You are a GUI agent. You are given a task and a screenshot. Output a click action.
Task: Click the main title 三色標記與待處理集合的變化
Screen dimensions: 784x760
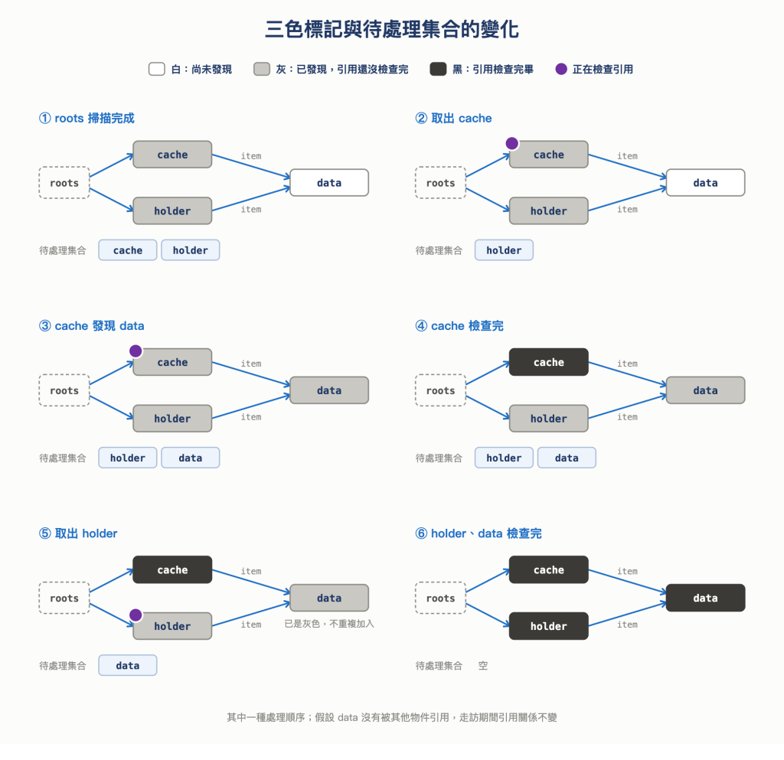pyautogui.click(x=391, y=29)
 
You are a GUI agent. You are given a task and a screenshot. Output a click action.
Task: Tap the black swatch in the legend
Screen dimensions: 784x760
pyautogui.click(x=438, y=69)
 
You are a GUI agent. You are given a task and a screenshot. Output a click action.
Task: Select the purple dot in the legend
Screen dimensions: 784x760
pyautogui.click(x=561, y=69)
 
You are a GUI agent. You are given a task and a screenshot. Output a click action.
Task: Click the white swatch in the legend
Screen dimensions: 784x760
pyautogui.click(x=156, y=69)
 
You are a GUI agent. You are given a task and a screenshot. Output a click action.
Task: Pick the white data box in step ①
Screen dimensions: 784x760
pyautogui.click(x=329, y=183)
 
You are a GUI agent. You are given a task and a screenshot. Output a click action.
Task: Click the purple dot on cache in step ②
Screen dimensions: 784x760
pyautogui.click(x=511, y=143)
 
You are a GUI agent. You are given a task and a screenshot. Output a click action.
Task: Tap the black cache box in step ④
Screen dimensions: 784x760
pyautogui.click(x=548, y=362)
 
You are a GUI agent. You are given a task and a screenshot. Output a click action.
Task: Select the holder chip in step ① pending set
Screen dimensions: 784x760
pyautogui.click(x=191, y=250)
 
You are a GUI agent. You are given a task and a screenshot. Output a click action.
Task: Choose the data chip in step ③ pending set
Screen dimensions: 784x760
pyautogui.click(x=191, y=458)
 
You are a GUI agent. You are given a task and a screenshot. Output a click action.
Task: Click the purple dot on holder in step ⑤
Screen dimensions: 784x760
pyautogui.click(x=136, y=615)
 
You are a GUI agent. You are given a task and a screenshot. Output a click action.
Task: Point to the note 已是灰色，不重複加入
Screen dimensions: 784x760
pyautogui.click(x=329, y=624)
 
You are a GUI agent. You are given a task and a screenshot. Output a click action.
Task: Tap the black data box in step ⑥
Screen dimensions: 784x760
pyautogui.click(x=705, y=598)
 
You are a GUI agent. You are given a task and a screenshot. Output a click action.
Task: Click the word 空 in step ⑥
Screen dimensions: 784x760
pyautogui.click(x=482, y=666)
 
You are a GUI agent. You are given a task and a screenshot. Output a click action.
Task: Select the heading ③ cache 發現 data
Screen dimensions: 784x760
pyautogui.click(x=92, y=326)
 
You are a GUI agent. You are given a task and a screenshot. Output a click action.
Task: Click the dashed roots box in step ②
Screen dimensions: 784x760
pyautogui.click(x=440, y=183)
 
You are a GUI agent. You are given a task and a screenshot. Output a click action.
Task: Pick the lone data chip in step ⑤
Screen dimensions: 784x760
pyautogui.click(x=128, y=666)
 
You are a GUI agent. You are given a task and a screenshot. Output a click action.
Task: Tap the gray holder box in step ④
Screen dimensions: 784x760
pyautogui.click(x=548, y=419)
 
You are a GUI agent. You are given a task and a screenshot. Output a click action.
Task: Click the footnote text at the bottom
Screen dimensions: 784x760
pyautogui.click(x=391, y=718)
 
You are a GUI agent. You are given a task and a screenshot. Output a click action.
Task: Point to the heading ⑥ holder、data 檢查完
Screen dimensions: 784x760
pyautogui.click(x=479, y=533)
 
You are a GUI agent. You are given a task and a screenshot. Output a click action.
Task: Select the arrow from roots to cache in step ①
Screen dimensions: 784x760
pyautogui.click(x=112, y=165)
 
